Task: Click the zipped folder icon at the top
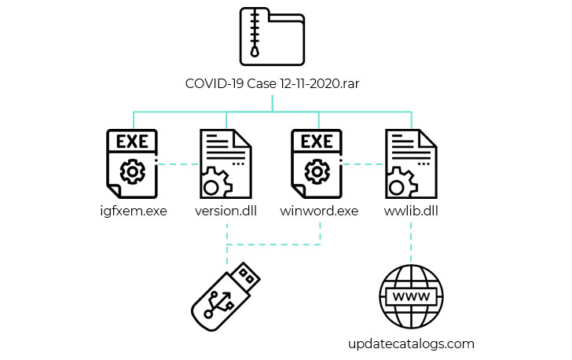(272, 36)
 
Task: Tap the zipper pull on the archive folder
(255, 51)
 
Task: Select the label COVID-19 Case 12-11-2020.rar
(272, 83)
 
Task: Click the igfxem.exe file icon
(132, 163)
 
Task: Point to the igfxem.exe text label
(134, 211)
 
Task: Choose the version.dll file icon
(225, 163)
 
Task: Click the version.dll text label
(225, 211)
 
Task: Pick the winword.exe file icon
(317, 163)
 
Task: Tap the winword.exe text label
(319, 211)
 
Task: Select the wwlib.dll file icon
(411, 163)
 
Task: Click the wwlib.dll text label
(411, 211)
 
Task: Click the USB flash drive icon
(225, 296)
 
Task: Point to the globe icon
(411, 296)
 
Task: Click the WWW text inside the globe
(411, 296)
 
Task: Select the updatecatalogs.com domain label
(411, 344)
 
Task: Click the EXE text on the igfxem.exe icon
(132, 141)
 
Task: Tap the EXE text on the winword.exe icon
(317, 141)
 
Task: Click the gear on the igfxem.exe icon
(133, 171)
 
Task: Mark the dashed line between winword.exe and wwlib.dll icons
(364, 164)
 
